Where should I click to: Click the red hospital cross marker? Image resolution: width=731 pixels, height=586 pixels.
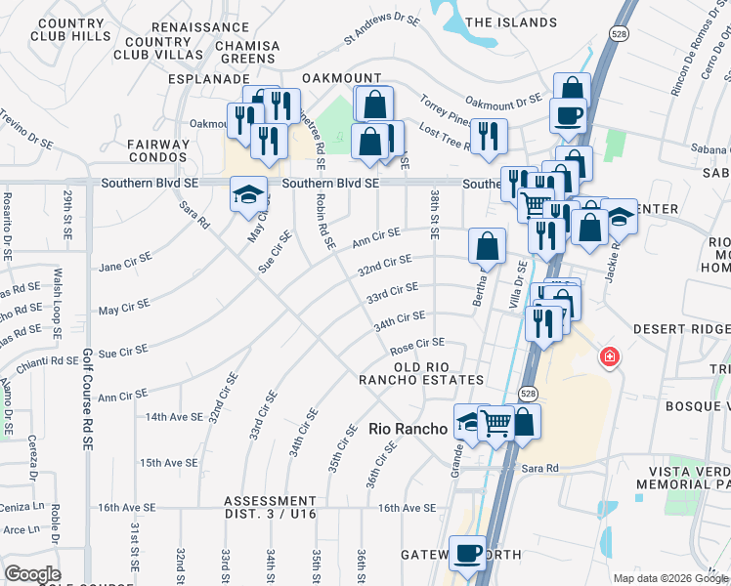pos(610,357)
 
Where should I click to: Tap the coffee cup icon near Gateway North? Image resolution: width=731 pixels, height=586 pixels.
pos(467,553)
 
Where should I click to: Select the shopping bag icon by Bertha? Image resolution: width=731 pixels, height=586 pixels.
pos(487,247)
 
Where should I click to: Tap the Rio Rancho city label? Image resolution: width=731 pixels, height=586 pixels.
pos(408,428)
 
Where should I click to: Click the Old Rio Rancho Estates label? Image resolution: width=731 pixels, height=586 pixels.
pos(421,372)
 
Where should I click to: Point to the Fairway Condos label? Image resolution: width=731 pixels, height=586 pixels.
pos(156,150)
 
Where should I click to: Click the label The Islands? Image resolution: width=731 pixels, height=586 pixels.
pos(511,22)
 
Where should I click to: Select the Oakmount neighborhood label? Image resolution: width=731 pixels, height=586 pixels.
pos(340,78)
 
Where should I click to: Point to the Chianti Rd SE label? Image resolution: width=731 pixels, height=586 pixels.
pos(52,360)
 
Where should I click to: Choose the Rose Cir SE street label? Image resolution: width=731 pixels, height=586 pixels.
pos(417,343)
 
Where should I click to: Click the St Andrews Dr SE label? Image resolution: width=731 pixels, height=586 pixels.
pos(386,30)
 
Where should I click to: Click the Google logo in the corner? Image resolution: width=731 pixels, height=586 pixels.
pos(32,574)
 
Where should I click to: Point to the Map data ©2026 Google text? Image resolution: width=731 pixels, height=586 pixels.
pos(670,578)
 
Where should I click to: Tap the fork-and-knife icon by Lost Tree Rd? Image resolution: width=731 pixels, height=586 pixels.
pos(489,137)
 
